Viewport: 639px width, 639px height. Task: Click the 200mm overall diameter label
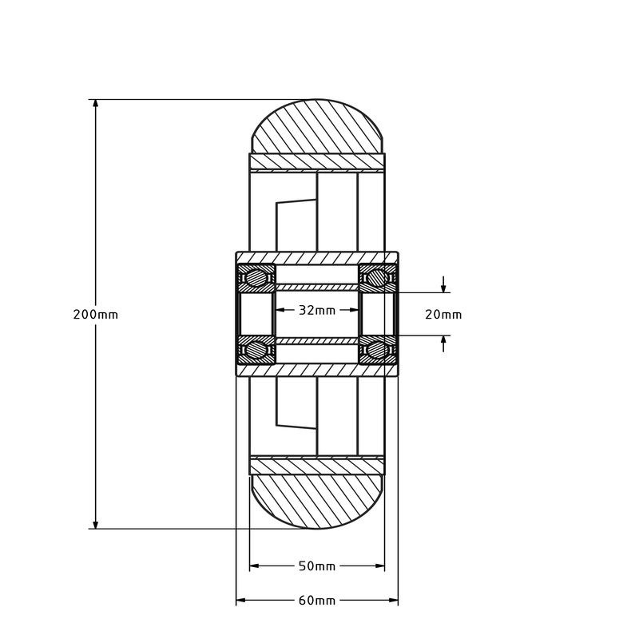(x=95, y=315)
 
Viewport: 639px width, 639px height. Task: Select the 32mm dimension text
(x=317, y=310)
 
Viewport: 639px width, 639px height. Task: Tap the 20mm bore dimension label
(x=443, y=315)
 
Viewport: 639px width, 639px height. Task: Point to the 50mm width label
(x=317, y=566)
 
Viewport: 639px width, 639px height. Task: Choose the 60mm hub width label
(x=317, y=601)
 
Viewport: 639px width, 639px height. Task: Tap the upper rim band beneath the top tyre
(x=318, y=162)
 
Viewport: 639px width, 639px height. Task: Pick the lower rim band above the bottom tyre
(x=318, y=466)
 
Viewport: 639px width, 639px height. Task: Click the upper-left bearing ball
(x=256, y=278)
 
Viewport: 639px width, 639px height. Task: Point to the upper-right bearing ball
(x=378, y=278)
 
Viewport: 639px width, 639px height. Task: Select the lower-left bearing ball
(x=256, y=349)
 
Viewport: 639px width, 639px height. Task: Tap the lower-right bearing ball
(x=378, y=349)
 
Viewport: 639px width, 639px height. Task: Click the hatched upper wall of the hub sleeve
(x=318, y=257)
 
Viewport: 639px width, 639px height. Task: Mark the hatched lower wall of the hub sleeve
(x=318, y=370)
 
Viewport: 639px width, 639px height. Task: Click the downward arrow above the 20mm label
(x=444, y=288)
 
